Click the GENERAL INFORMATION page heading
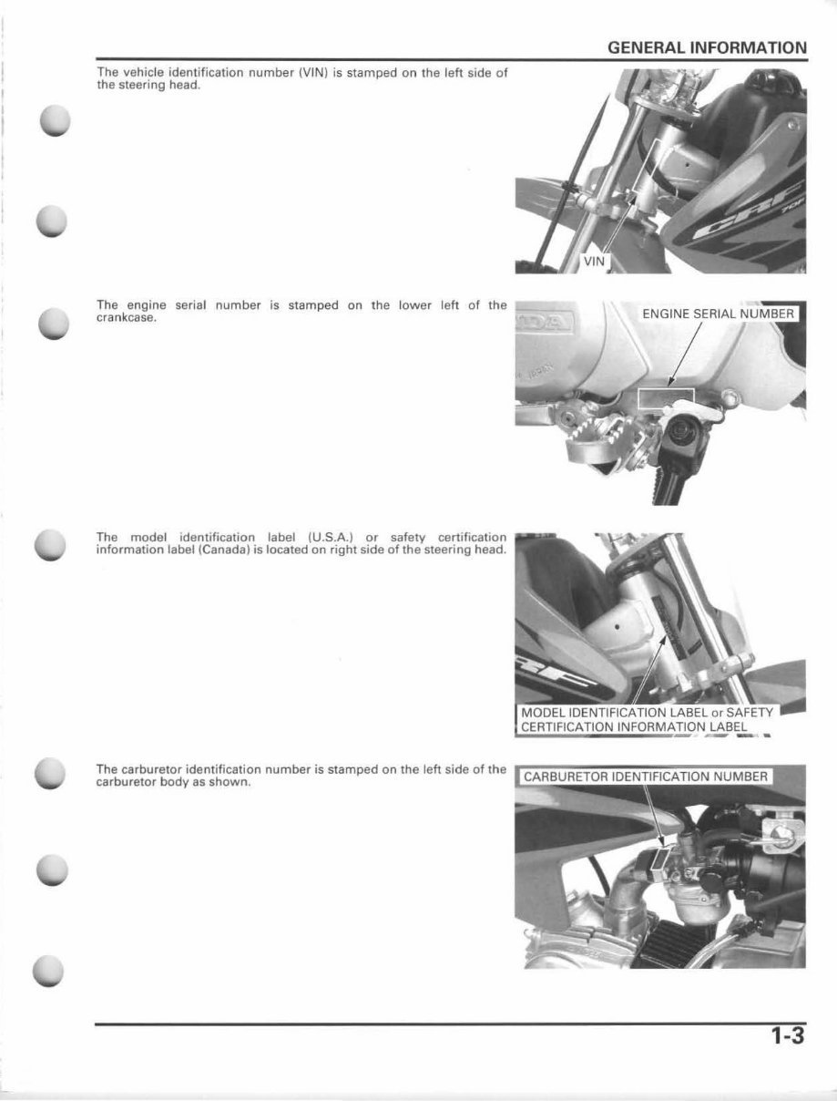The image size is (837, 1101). [707, 47]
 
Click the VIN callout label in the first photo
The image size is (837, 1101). [594, 261]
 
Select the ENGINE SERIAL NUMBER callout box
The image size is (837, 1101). [719, 314]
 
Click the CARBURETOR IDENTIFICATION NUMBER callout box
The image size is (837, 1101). [647, 777]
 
